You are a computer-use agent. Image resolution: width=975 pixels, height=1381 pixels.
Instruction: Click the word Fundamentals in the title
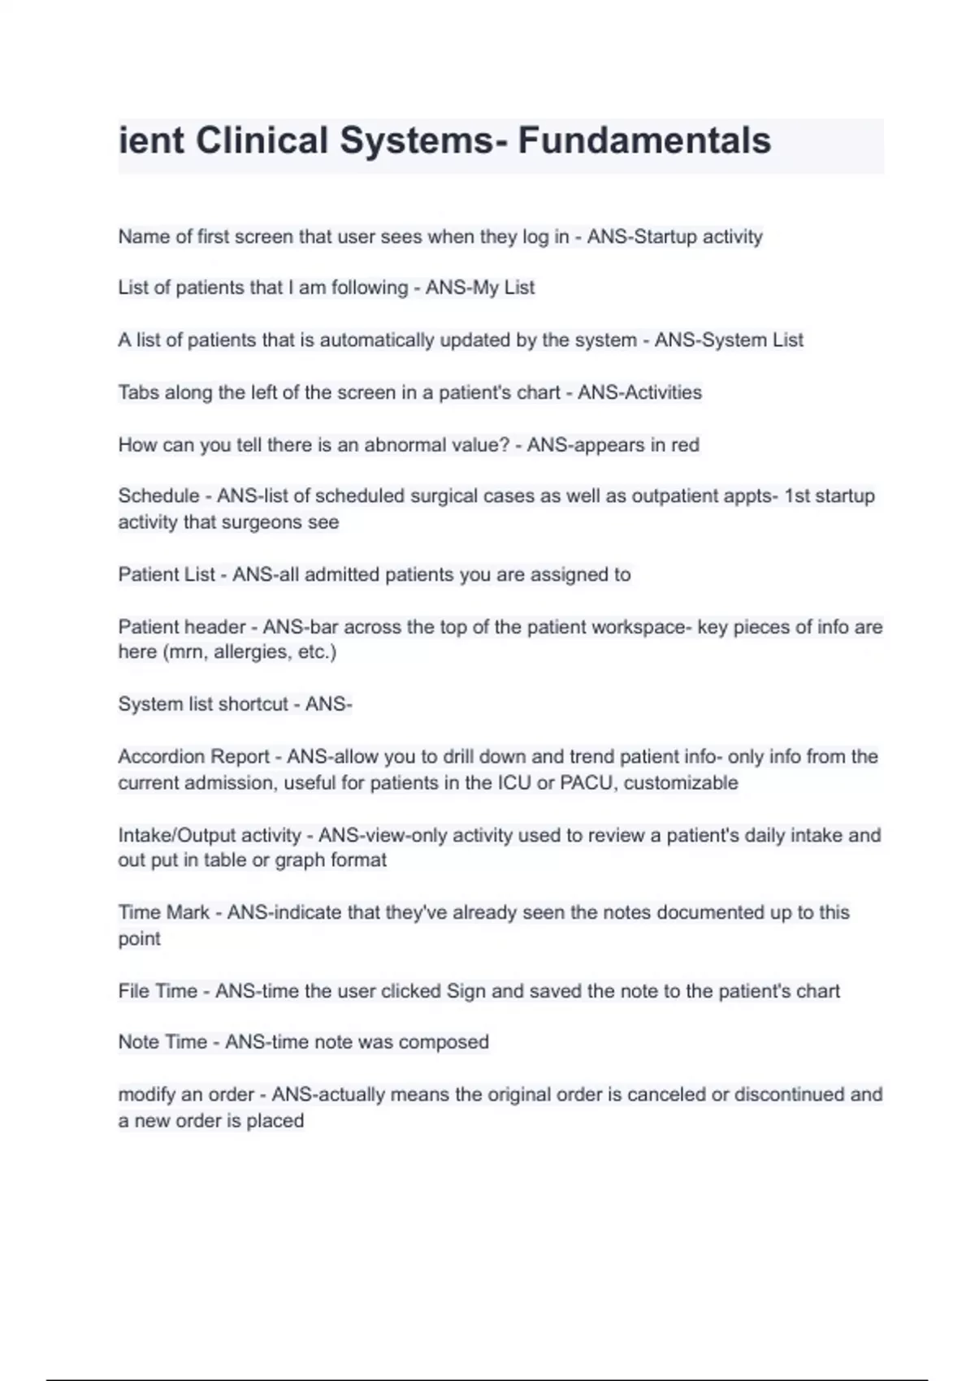pyautogui.click(x=644, y=141)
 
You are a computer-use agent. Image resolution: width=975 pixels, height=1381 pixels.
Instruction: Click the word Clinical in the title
pyautogui.click(x=262, y=141)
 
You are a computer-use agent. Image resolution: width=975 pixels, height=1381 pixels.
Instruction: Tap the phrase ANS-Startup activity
pyautogui.click(x=674, y=236)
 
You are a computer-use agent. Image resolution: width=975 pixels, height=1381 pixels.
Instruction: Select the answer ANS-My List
pyautogui.click(x=480, y=288)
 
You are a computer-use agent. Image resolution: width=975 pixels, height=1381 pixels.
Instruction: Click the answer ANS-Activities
pyautogui.click(x=639, y=392)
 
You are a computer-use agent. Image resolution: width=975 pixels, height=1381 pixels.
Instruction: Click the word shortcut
pyautogui.click(x=253, y=704)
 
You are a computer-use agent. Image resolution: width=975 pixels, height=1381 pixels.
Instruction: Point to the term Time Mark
pyautogui.click(x=163, y=912)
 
